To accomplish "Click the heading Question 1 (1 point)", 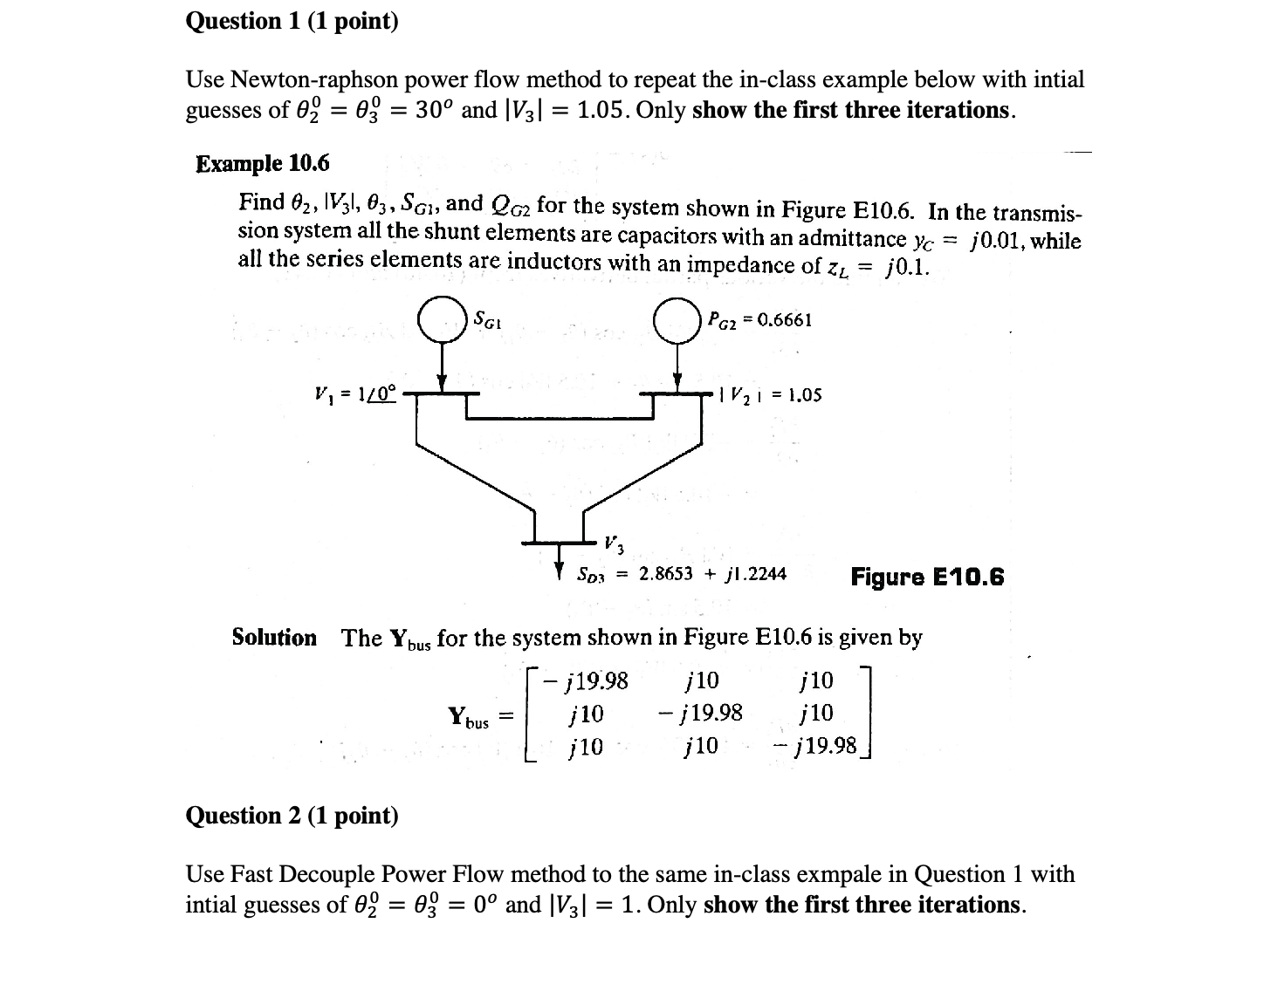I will (292, 21).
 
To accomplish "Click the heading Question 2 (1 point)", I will (292, 816).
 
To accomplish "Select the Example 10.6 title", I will (263, 163).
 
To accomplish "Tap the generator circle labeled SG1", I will (442, 319).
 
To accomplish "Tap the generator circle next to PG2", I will (677, 319).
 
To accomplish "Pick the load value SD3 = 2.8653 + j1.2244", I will (681, 574).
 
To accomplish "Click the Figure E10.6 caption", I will (927, 577).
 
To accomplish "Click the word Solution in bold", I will (274, 638).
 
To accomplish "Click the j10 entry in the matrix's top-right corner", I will (816, 680).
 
